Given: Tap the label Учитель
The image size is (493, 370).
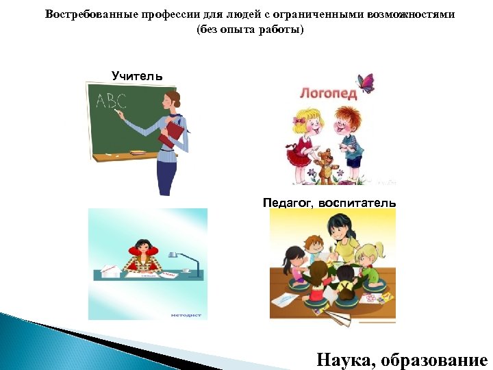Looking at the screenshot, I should (138, 76).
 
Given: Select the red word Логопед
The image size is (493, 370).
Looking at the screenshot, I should (328, 92).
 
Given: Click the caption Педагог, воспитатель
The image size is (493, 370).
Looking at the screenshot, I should (329, 203).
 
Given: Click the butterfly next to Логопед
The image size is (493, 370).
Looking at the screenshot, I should (368, 83).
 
